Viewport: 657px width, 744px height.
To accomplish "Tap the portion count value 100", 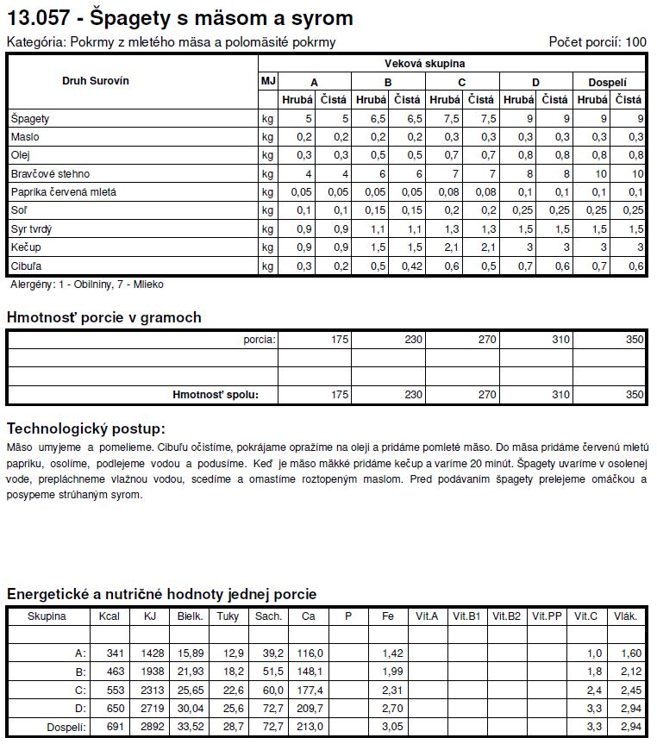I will [x=635, y=41].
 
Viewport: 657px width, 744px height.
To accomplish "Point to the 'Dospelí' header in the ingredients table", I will [x=607, y=83].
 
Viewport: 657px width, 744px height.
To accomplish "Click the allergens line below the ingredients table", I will [x=86, y=284].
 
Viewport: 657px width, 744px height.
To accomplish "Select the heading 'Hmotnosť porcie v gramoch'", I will [x=103, y=317].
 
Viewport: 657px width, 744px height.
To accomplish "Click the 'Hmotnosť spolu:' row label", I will [x=215, y=395].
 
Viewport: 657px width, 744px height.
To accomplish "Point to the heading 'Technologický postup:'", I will [x=85, y=428].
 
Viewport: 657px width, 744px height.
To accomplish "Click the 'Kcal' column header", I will [x=109, y=616].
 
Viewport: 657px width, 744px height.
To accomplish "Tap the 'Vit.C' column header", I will [x=585, y=616].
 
